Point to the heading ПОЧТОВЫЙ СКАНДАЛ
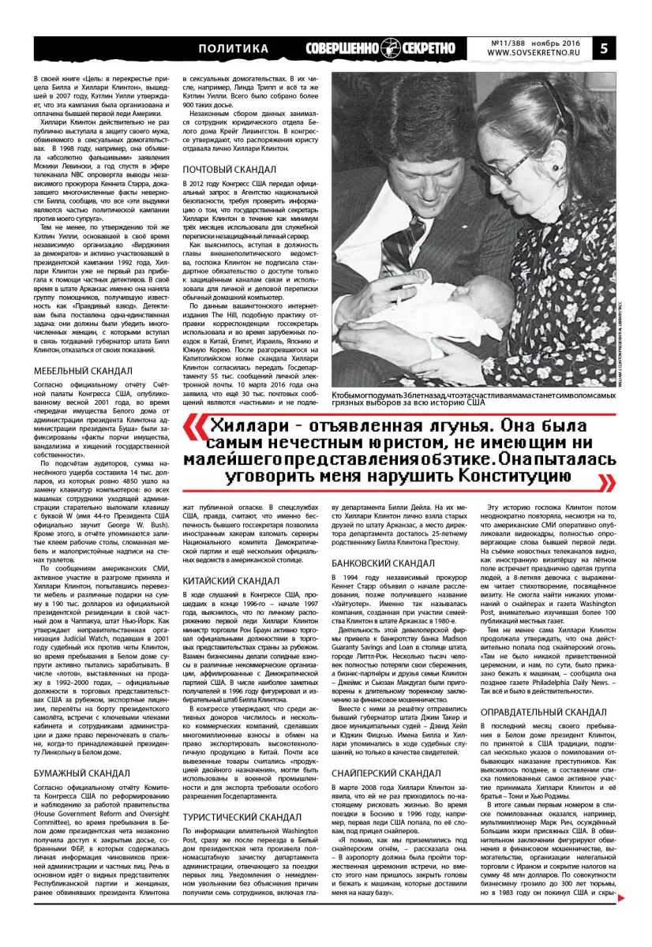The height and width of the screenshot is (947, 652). [229, 170]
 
